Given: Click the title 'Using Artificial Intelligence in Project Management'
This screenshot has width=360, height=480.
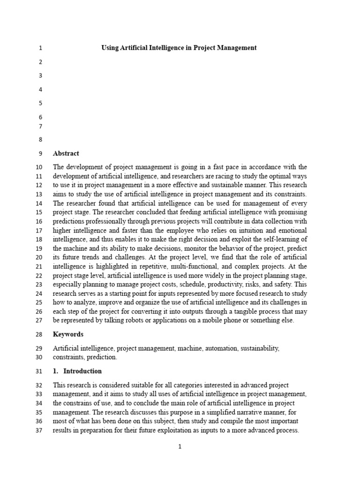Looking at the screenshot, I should [179, 48].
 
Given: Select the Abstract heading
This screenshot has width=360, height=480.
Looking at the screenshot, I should [66, 153].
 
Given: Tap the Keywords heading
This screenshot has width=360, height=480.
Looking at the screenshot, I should [68, 334].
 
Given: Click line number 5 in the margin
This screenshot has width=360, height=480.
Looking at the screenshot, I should [40, 103].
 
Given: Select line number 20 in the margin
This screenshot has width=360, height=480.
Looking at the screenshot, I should [38, 257].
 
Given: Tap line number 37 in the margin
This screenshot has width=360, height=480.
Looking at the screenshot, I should [38, 431].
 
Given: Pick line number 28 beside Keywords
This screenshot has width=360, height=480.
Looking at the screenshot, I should [38, 334].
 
